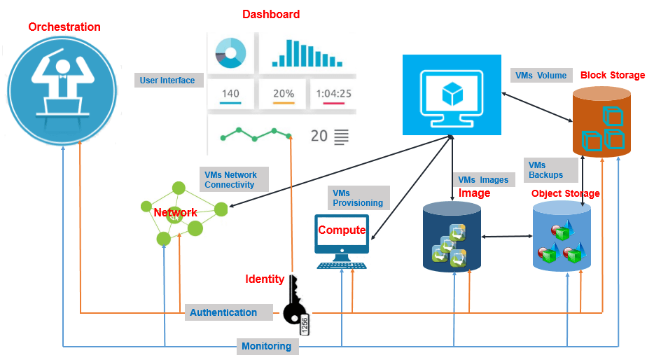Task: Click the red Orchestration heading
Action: [64, 27]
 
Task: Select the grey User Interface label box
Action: [168, 81]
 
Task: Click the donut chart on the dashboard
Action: [230, 52]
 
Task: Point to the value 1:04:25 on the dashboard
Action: [333, 94]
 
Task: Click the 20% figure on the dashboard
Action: [283, 94]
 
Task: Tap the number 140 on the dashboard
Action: [230, 94]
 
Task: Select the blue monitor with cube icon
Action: [452, 95]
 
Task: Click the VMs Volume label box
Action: [541, 76]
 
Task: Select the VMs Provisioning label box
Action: [358, 198]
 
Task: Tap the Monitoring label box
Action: [266, 346]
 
